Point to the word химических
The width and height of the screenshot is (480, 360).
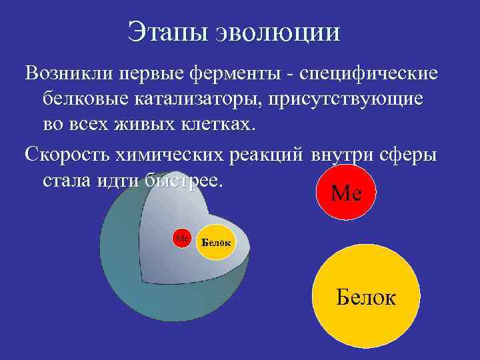pyautogui.click(x=175, y=153)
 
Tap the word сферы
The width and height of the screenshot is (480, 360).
pyautogui.click(x=408, y=153)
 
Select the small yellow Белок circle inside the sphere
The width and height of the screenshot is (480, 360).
pyautogui.click(x=215, y=242)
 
